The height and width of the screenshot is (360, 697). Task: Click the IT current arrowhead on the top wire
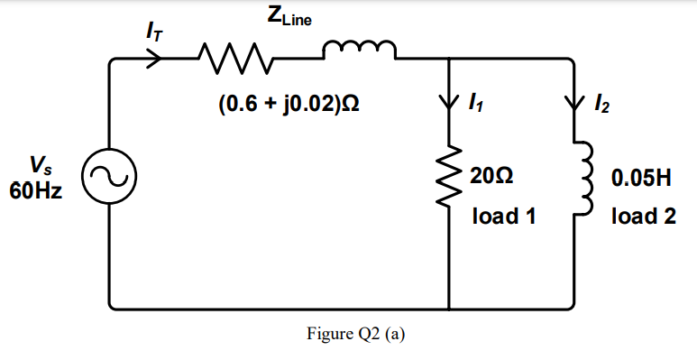tap(155, 60)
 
